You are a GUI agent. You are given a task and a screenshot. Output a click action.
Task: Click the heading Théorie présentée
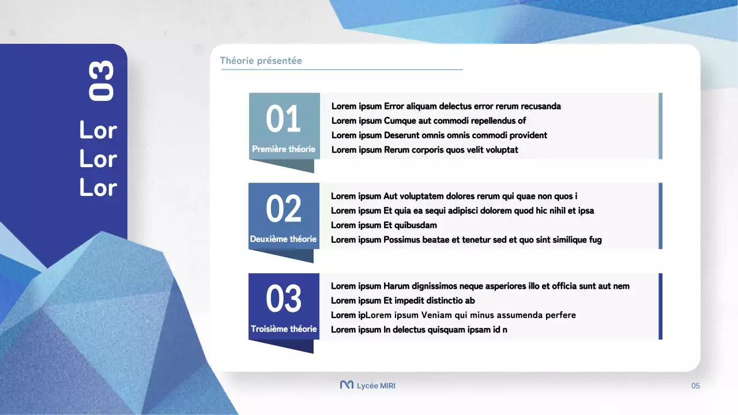pos(261,61)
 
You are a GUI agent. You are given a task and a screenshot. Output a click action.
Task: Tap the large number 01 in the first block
pos(283,119)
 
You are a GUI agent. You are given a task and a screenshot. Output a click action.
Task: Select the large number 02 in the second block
pos(283,209)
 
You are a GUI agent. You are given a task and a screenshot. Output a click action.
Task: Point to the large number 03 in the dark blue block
pos(283,299)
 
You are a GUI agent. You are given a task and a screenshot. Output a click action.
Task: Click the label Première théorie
pos(284,149)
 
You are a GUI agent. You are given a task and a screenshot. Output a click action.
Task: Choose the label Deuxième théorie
pos(283,239)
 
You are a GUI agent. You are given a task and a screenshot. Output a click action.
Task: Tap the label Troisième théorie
pos(284,329)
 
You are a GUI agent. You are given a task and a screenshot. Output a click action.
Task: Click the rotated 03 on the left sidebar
pos(101,82)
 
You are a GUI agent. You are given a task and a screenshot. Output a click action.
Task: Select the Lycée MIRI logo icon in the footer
pos(347,385)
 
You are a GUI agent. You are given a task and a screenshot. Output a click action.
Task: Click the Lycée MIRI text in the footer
pos(376,386)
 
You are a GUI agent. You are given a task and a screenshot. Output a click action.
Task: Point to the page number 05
pos(695,386)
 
